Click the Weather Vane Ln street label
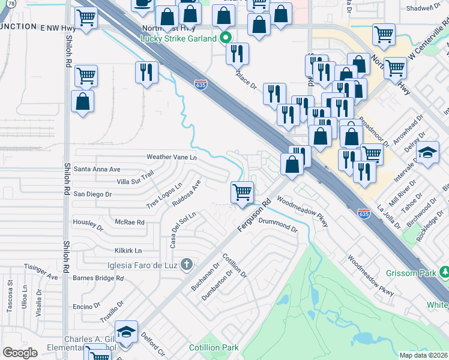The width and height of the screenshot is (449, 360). (172, 157)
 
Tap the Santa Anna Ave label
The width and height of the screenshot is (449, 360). (97, 169)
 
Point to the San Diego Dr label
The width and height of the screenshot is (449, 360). (92, 194)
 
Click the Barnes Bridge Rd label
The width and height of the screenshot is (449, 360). (98, 278)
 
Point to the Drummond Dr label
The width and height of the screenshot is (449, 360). (278, 225)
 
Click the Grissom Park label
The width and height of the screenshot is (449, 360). (420, 273)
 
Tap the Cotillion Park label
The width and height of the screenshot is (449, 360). (214, 347)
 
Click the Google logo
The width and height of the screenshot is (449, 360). (20, 353)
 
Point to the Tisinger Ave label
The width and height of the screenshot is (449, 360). (41, 272)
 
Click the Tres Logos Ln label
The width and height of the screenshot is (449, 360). (164, 196)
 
